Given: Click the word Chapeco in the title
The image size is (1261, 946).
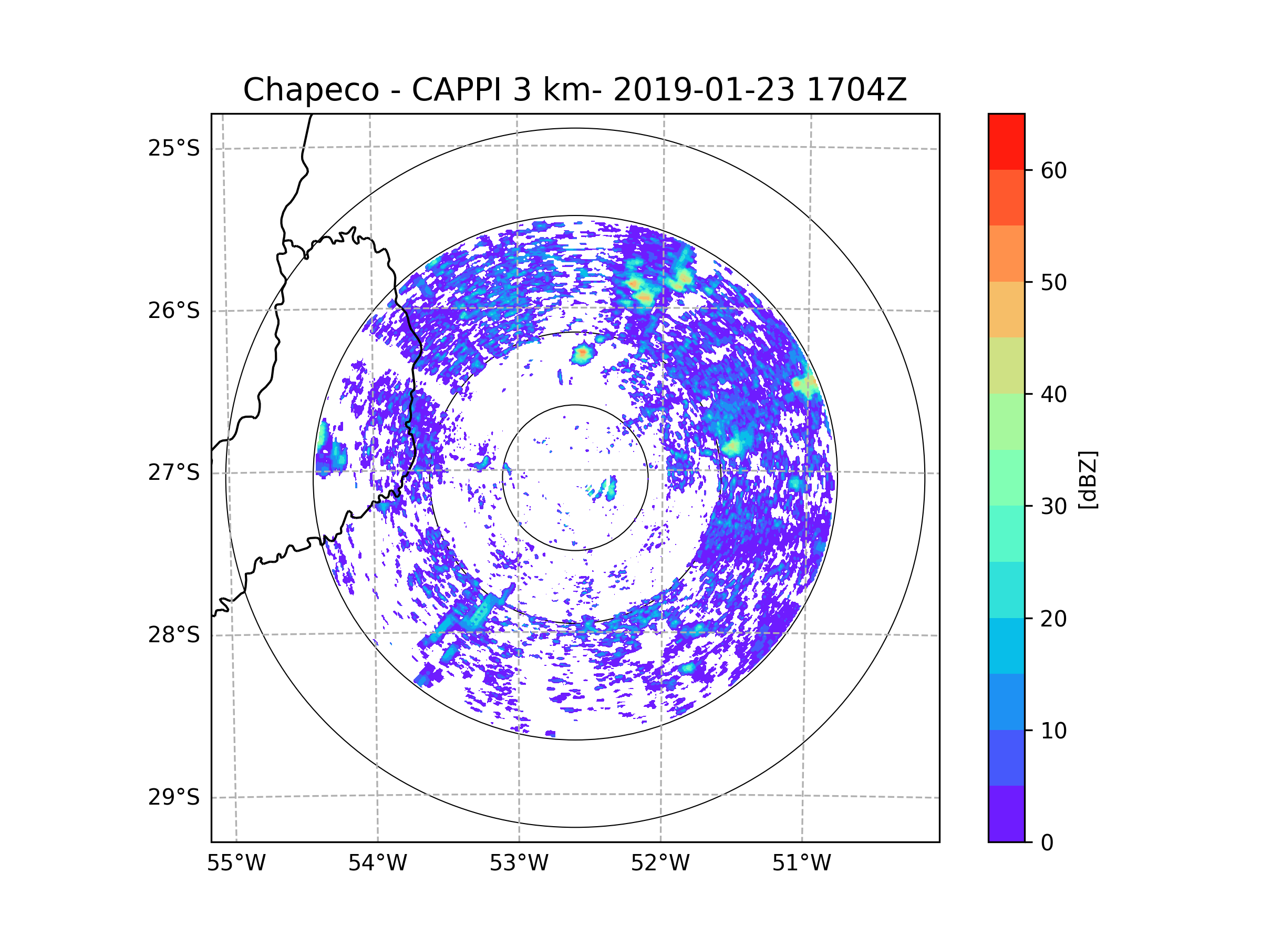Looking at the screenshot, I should (311, 90).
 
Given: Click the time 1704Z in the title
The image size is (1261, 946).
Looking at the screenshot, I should (856, 90).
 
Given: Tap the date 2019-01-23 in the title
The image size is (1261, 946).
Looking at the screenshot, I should (704, 90).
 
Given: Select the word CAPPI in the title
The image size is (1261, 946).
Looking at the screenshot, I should (457, 90).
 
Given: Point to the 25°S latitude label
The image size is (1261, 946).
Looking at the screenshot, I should (174, 148).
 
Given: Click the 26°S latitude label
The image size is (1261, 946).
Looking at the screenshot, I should (174, 311).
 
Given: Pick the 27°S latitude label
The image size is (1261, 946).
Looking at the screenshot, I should (174, 472).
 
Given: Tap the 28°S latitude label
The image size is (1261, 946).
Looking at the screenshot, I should (174, 635).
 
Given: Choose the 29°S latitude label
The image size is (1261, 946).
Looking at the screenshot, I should (174, 797).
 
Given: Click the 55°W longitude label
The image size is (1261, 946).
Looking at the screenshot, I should (236, 863).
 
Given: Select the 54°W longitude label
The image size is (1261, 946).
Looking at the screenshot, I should (377, 863).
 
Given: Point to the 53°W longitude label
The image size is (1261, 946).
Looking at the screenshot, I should (519, 863).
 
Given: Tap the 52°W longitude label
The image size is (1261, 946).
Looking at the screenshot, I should (660, 863).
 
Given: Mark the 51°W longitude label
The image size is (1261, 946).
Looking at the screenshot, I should (801, 863).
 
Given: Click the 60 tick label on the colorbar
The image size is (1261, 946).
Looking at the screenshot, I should (1053, 170).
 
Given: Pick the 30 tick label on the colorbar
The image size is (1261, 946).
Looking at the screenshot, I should (1053, 506).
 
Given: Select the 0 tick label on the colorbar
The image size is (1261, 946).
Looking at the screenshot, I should (1047, 843).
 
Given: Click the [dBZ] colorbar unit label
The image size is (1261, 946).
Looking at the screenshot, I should (1088, 480).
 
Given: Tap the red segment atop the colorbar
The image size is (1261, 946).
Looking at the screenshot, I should (1006, 142).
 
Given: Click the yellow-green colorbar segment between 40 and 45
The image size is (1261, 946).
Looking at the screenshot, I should (1006, 365).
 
